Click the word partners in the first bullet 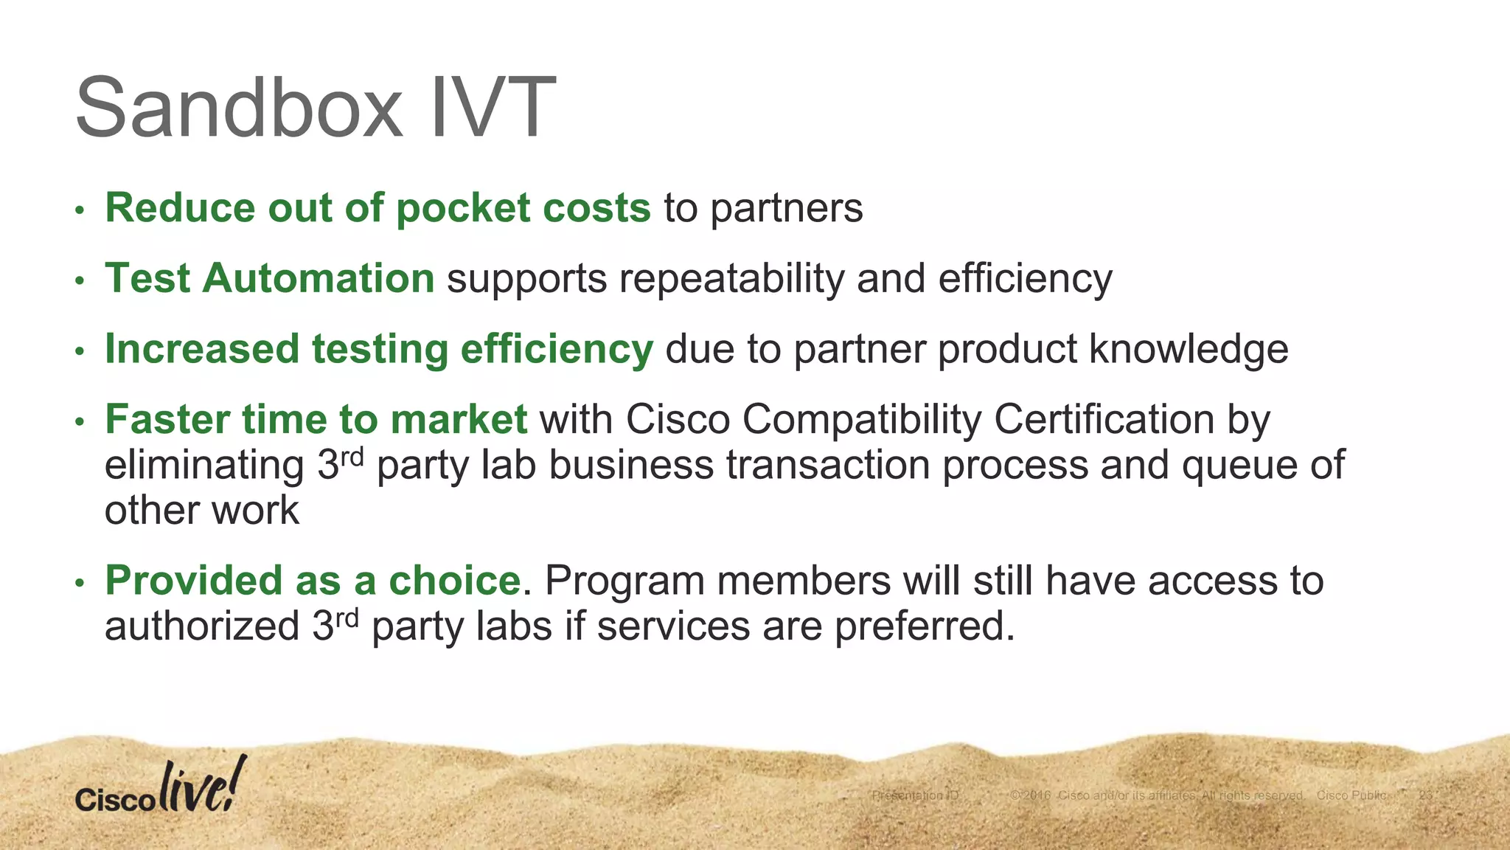click(x=787, y=209)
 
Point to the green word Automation click(x=319, y=279)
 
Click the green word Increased click(x=202, y=349)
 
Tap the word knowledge click(x=1189, y=349)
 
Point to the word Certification click(x=1104, y=419)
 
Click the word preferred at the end click(x=925, y=626)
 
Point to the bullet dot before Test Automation click(x=80, y=281)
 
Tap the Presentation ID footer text click(x=915, y=795)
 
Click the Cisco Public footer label click(x=1351, y=795)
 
